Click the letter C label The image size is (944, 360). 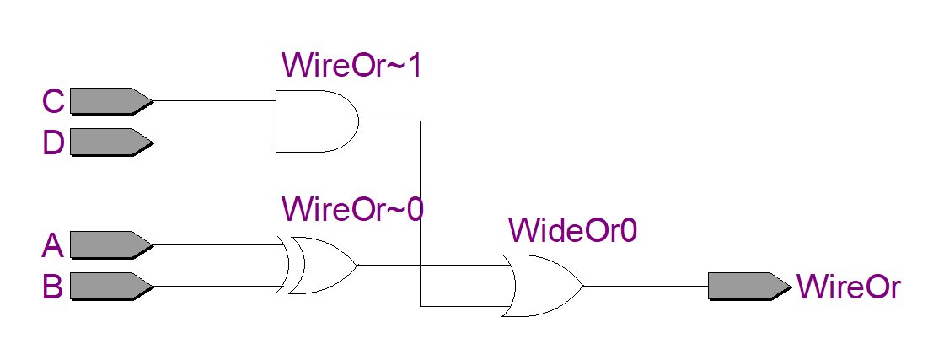coord(53,101)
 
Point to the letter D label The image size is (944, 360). coord(53,142)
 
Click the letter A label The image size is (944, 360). coord(53,245)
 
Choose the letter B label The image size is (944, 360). coord(53,287)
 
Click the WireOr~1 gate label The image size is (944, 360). coord(351,65)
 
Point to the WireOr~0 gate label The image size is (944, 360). coord(352,208)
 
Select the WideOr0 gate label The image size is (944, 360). coord(572,229)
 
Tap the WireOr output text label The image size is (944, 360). coord(848,287)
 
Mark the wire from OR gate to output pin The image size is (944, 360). coord(645,285)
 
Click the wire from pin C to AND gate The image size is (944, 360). coord(215,101)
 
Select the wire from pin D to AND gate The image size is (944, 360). coord(215,142)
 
